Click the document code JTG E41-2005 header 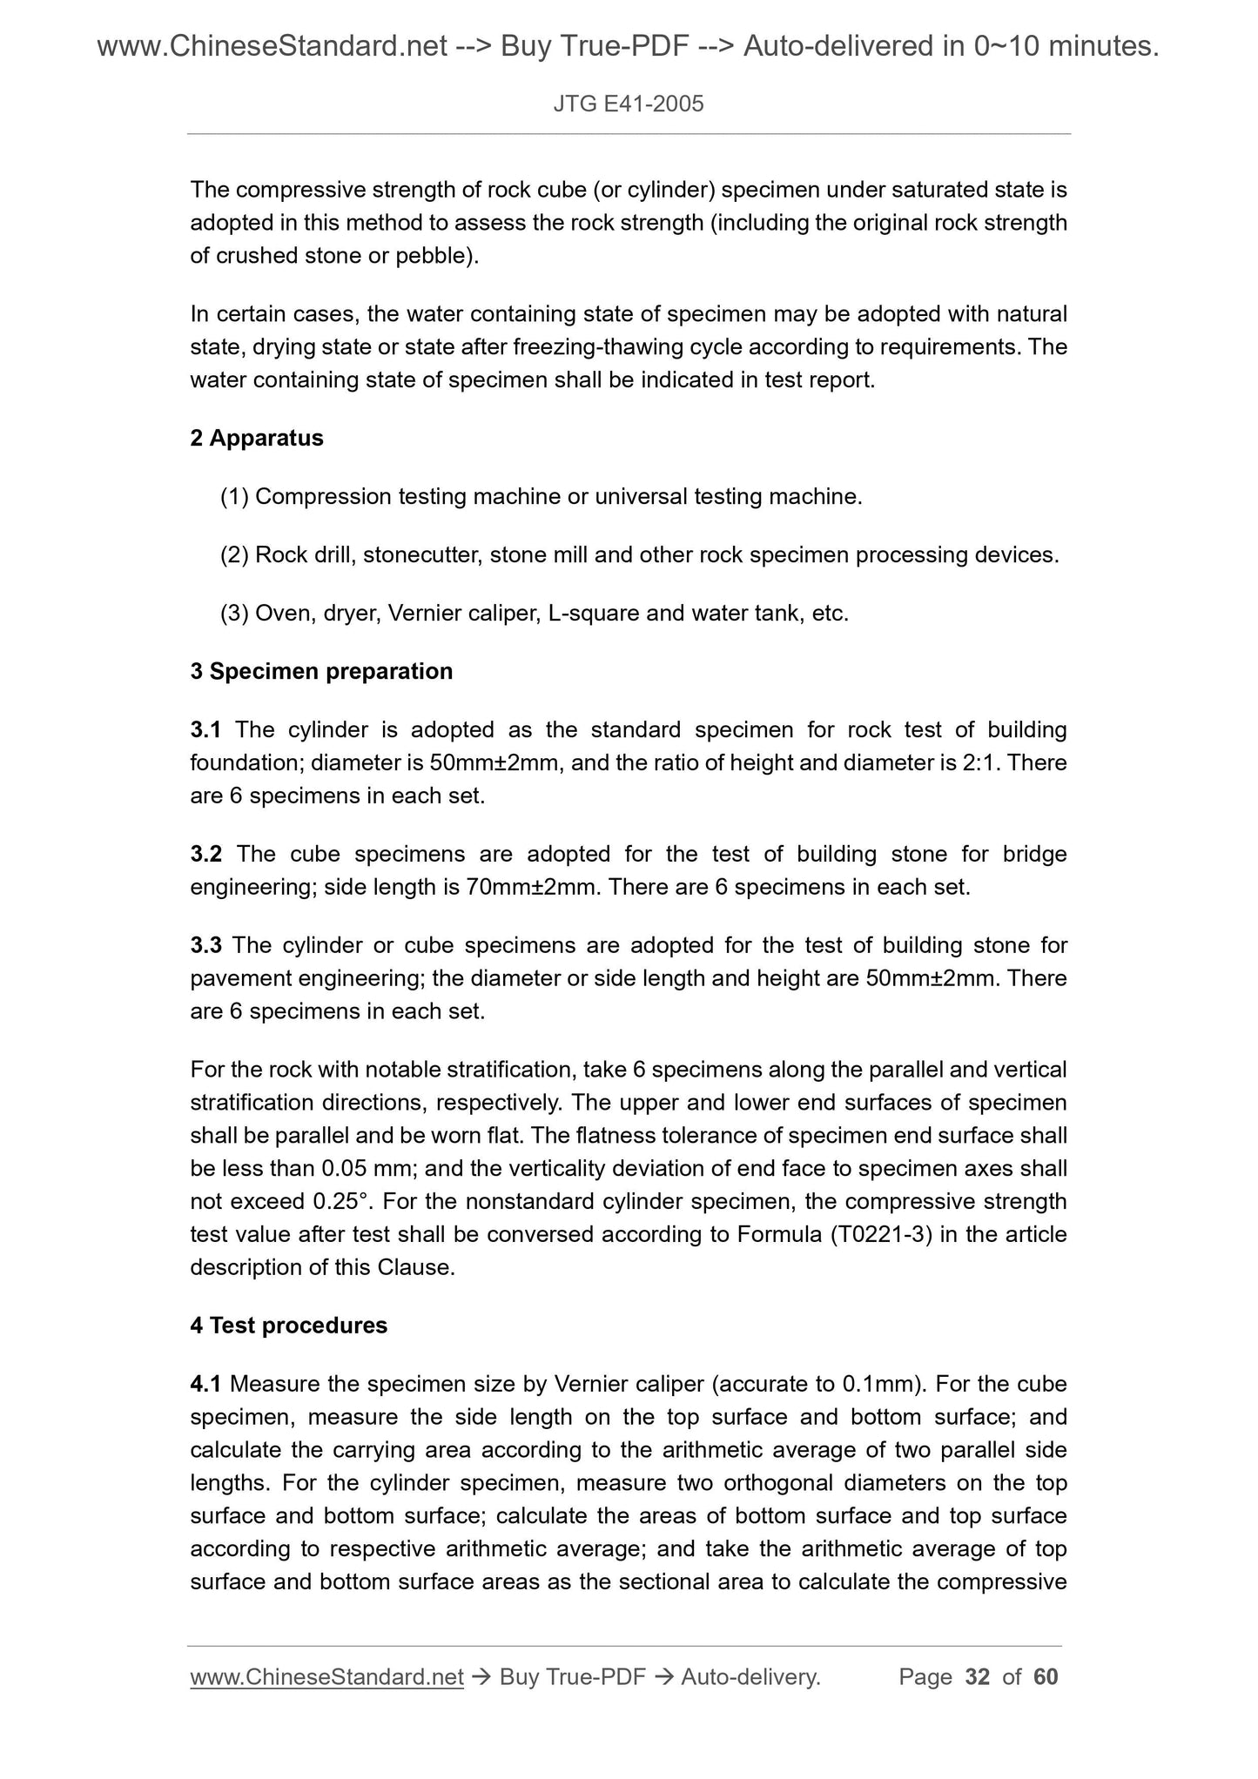628,105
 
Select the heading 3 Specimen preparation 321,671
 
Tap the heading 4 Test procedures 289,1325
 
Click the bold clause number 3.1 206,729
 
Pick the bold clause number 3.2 206,854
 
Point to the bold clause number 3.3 206,944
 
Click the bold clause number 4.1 206,1383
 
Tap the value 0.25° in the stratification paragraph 343,1201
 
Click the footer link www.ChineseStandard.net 326,1676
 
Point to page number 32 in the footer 978,1676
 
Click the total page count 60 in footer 1046,1676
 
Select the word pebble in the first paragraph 433,256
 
